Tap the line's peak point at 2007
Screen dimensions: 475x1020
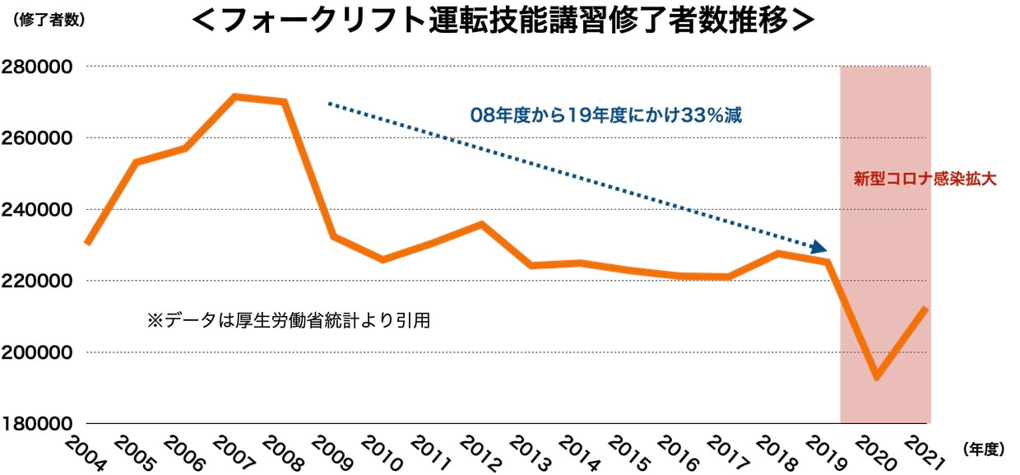click(235, 97)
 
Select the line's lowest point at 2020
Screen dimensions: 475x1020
click(877, 377)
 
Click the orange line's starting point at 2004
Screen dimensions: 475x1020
click(86, 244)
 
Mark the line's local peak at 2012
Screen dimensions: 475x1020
click(481, 224)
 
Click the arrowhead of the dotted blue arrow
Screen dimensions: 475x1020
click(819, 248)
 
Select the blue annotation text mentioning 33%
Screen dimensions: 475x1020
click(606, 115)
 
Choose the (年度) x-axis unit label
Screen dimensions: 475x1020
click(982, 449)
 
